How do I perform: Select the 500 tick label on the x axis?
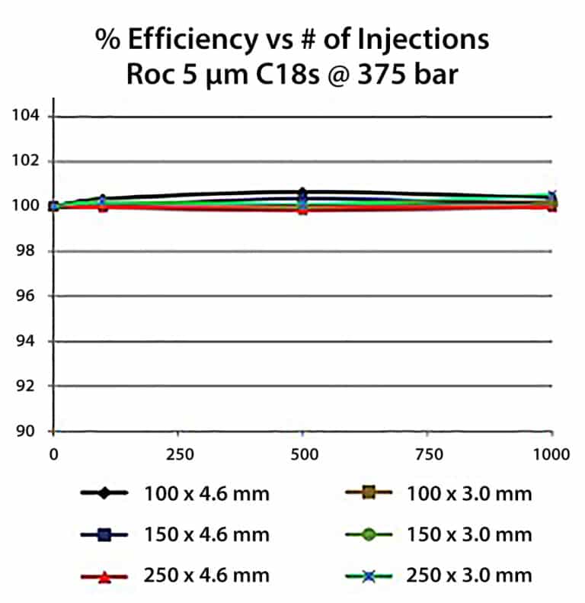point(303,454)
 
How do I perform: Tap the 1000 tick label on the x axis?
point(551,454)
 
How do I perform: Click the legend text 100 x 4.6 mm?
point(206,493)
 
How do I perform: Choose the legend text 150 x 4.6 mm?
point(206,534)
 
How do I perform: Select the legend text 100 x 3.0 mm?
point(469,493)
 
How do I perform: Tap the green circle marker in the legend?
point(368,534)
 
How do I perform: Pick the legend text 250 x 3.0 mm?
point(469,576)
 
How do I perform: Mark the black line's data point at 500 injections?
point(303,192)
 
